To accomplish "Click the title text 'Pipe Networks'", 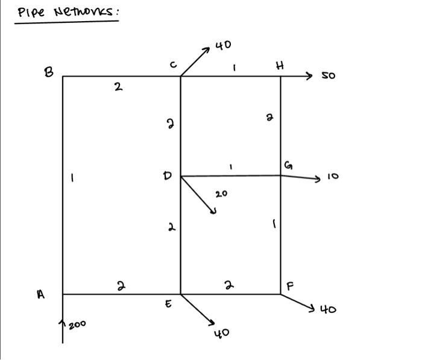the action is [x=66, y=12].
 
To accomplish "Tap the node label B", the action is [x=48, y=72].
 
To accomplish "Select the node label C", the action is [x=174, y=66].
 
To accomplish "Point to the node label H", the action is [x=280, y=66].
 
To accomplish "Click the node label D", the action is [x=168, y=176].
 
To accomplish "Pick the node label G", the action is [x=288, y=166].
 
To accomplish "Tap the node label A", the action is [x=41, y=294].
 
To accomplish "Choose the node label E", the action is [x=169, y=305].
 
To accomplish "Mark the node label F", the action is [x=290, y=286].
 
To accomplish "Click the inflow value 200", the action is [x=77, y=324].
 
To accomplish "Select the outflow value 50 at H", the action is [x=328, y=76].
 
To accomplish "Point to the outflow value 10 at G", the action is [x=333, y=177].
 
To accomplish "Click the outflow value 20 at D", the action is [x=221, y=194].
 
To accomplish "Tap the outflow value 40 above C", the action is [x=223, y=45].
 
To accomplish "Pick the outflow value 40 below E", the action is [x=221, y=333].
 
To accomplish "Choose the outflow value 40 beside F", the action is [x=328, y=309].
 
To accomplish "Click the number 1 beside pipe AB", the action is [x=72, y=178].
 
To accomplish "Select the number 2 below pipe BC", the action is [x=118, y=87].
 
